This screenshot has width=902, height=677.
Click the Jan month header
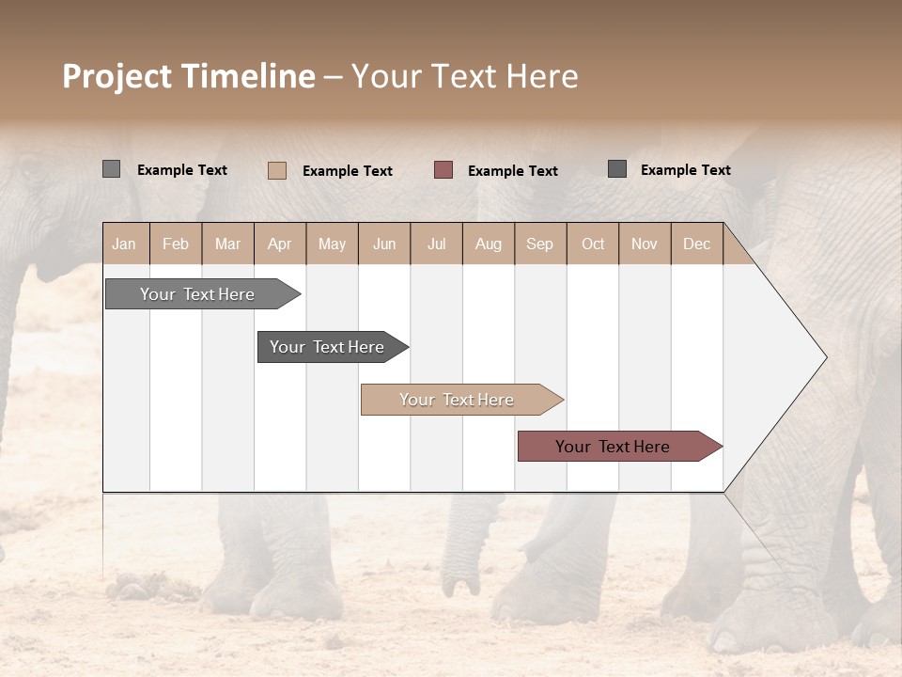[x=124, y=244]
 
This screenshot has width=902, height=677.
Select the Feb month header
[x=176, y=244]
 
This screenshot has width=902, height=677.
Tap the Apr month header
[x=279, y=244]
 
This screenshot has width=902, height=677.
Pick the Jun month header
[x=384, y=244]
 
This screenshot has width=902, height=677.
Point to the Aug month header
[x=488, y=244]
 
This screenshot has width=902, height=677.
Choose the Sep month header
[x=539, y=244]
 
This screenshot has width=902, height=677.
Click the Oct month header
[x=593, y=244]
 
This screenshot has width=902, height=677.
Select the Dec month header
[x=696, y=244]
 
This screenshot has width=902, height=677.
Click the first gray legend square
[x=111, y=169]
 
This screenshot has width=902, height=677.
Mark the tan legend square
[x=276, y=170]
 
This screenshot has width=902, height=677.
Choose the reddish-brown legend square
[x=443, y=170]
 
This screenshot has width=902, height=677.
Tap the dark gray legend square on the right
[x=617, y=169]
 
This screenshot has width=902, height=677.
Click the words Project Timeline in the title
[x=189, y=76]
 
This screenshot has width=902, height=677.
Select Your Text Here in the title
[x=465, y=76]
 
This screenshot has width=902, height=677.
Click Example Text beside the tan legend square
[x=347, y=171]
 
